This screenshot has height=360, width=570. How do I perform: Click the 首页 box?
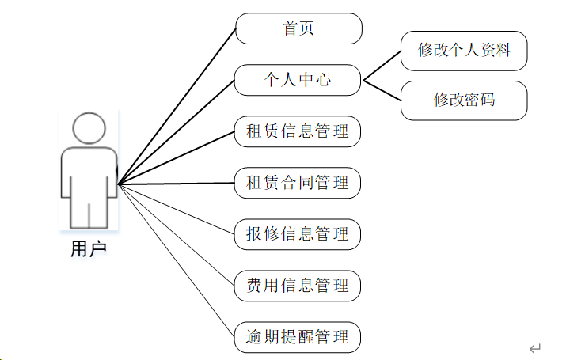(298, 29)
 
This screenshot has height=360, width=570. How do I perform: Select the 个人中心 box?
(297, 79)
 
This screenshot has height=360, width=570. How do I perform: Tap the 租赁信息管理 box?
(297, 131)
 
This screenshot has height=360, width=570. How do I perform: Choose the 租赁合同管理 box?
(297, 183)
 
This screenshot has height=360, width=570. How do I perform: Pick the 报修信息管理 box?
(297, 234)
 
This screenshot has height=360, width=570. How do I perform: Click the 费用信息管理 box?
(297, 286)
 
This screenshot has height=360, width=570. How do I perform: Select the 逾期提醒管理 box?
(297, 337)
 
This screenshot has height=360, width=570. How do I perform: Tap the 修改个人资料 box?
(464, 51)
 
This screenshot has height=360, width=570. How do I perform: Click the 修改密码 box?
(464, 100)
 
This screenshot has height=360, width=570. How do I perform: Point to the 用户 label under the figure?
(88, 249)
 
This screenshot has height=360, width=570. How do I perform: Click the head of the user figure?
(89, 129)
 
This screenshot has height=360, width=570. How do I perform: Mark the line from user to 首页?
(177, 107)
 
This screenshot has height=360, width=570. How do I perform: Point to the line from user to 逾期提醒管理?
(177, 260)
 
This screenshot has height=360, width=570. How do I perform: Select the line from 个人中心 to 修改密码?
(382, 89)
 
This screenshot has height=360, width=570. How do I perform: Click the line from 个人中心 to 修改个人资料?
(382, 66)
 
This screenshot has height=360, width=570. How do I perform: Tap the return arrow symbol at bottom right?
(535, 348)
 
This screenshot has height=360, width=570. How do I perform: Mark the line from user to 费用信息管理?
(177, 235)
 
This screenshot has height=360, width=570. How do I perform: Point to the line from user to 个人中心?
(177, 131)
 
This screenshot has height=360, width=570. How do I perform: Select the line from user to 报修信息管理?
(177, 209)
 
